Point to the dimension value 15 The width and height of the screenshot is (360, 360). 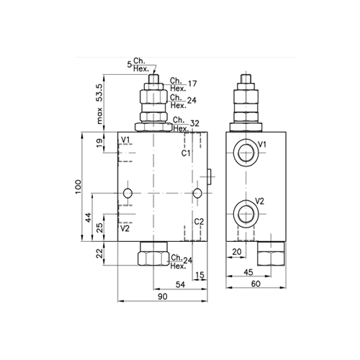click(x=199, y=275)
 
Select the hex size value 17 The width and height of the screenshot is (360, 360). click(x=192, y=84)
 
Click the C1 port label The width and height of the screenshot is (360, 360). click(x=186, y=153)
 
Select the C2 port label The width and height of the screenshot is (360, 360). click(x=199, y=221)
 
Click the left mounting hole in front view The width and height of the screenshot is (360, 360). click(x=127, y=192)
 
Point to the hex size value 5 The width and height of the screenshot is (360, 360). click(x=130, y=65)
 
